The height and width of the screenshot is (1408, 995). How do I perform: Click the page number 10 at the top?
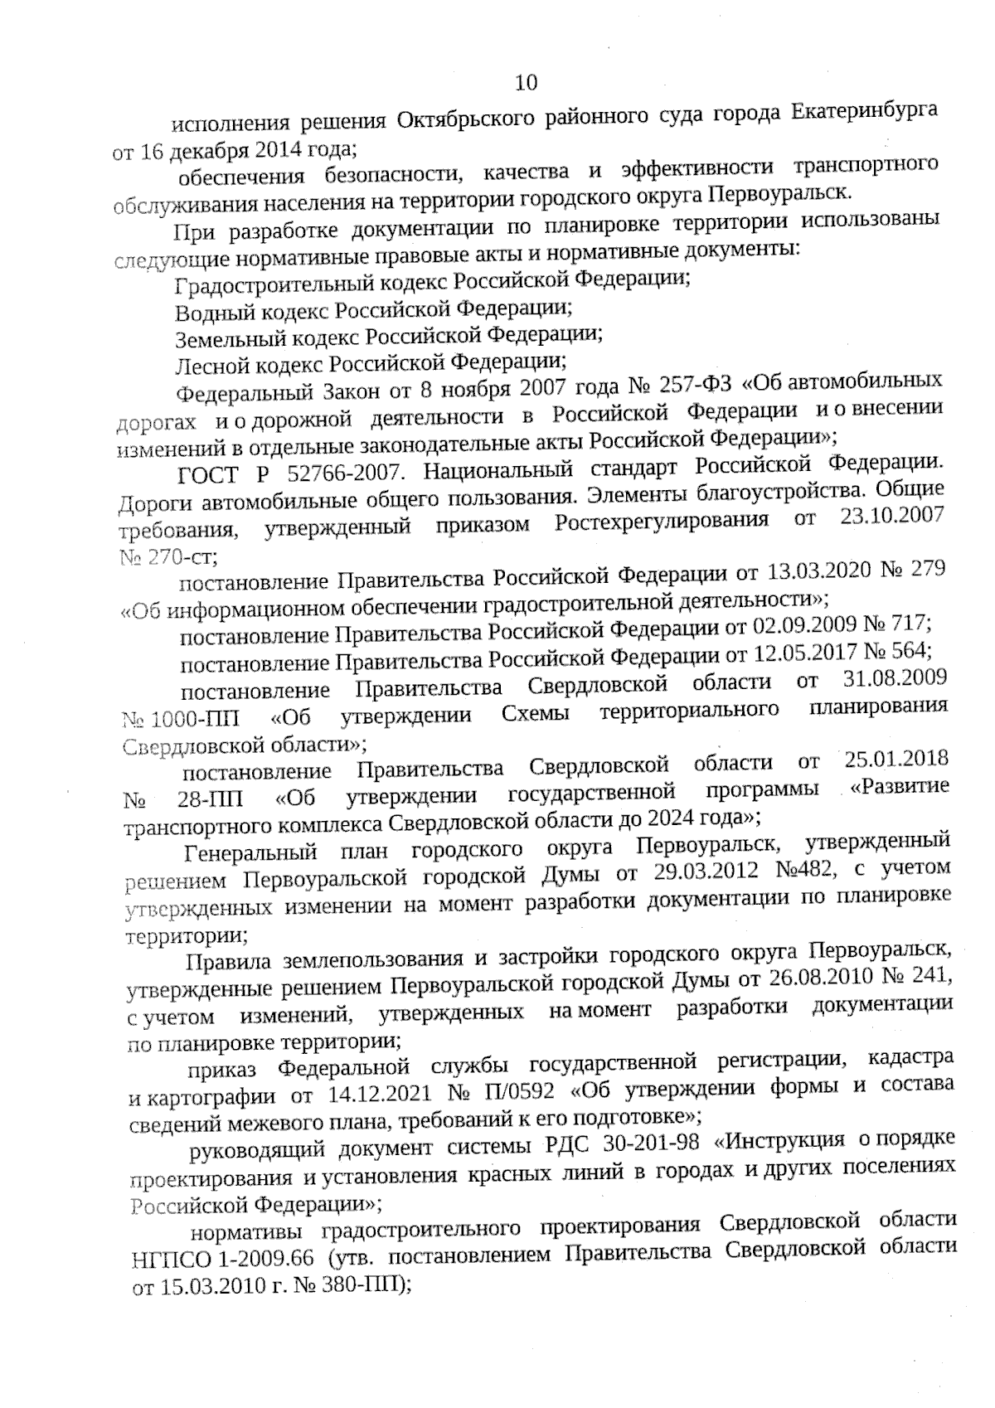pos(527,82)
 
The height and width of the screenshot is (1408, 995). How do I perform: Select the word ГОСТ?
pos(209,474)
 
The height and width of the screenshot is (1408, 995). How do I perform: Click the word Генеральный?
pos(251,852)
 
